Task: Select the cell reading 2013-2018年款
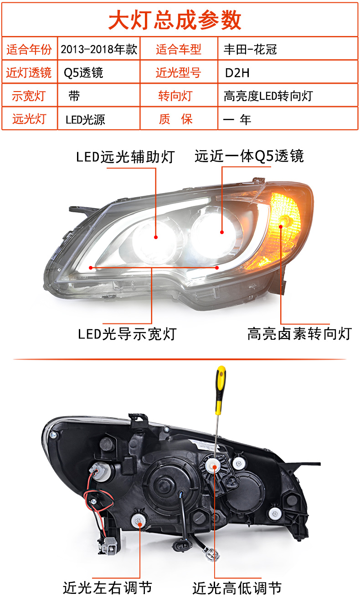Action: (99, 49)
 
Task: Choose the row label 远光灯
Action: (30, 119)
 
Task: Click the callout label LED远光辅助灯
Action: (125, 157)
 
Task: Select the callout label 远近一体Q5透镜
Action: (249, 157)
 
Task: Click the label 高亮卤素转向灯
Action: (299, 334)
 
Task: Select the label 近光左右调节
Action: (107, 588)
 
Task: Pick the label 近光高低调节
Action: (237, 588)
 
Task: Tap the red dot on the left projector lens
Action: (156, 237)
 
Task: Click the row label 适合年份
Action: (30, 49)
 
